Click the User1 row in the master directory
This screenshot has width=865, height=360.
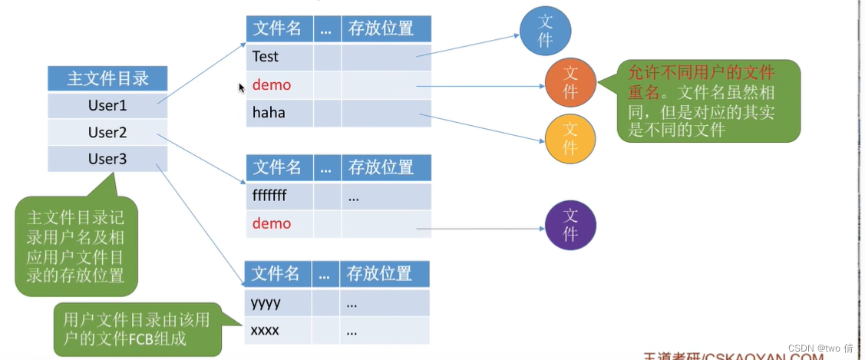click(x=107, y=105)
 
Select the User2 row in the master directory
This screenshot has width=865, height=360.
click(x=107, y=132)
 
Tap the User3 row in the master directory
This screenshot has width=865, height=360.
click(x=107, y=159)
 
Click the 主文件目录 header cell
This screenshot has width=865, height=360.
click(x=107, y=79)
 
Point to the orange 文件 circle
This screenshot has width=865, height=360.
click(x=570, y=82)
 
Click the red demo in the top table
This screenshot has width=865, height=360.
click(x=272, y=84)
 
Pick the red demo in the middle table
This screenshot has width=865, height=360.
click(x=272, y=223)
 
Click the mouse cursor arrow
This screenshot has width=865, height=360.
click(x=242, y=88)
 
